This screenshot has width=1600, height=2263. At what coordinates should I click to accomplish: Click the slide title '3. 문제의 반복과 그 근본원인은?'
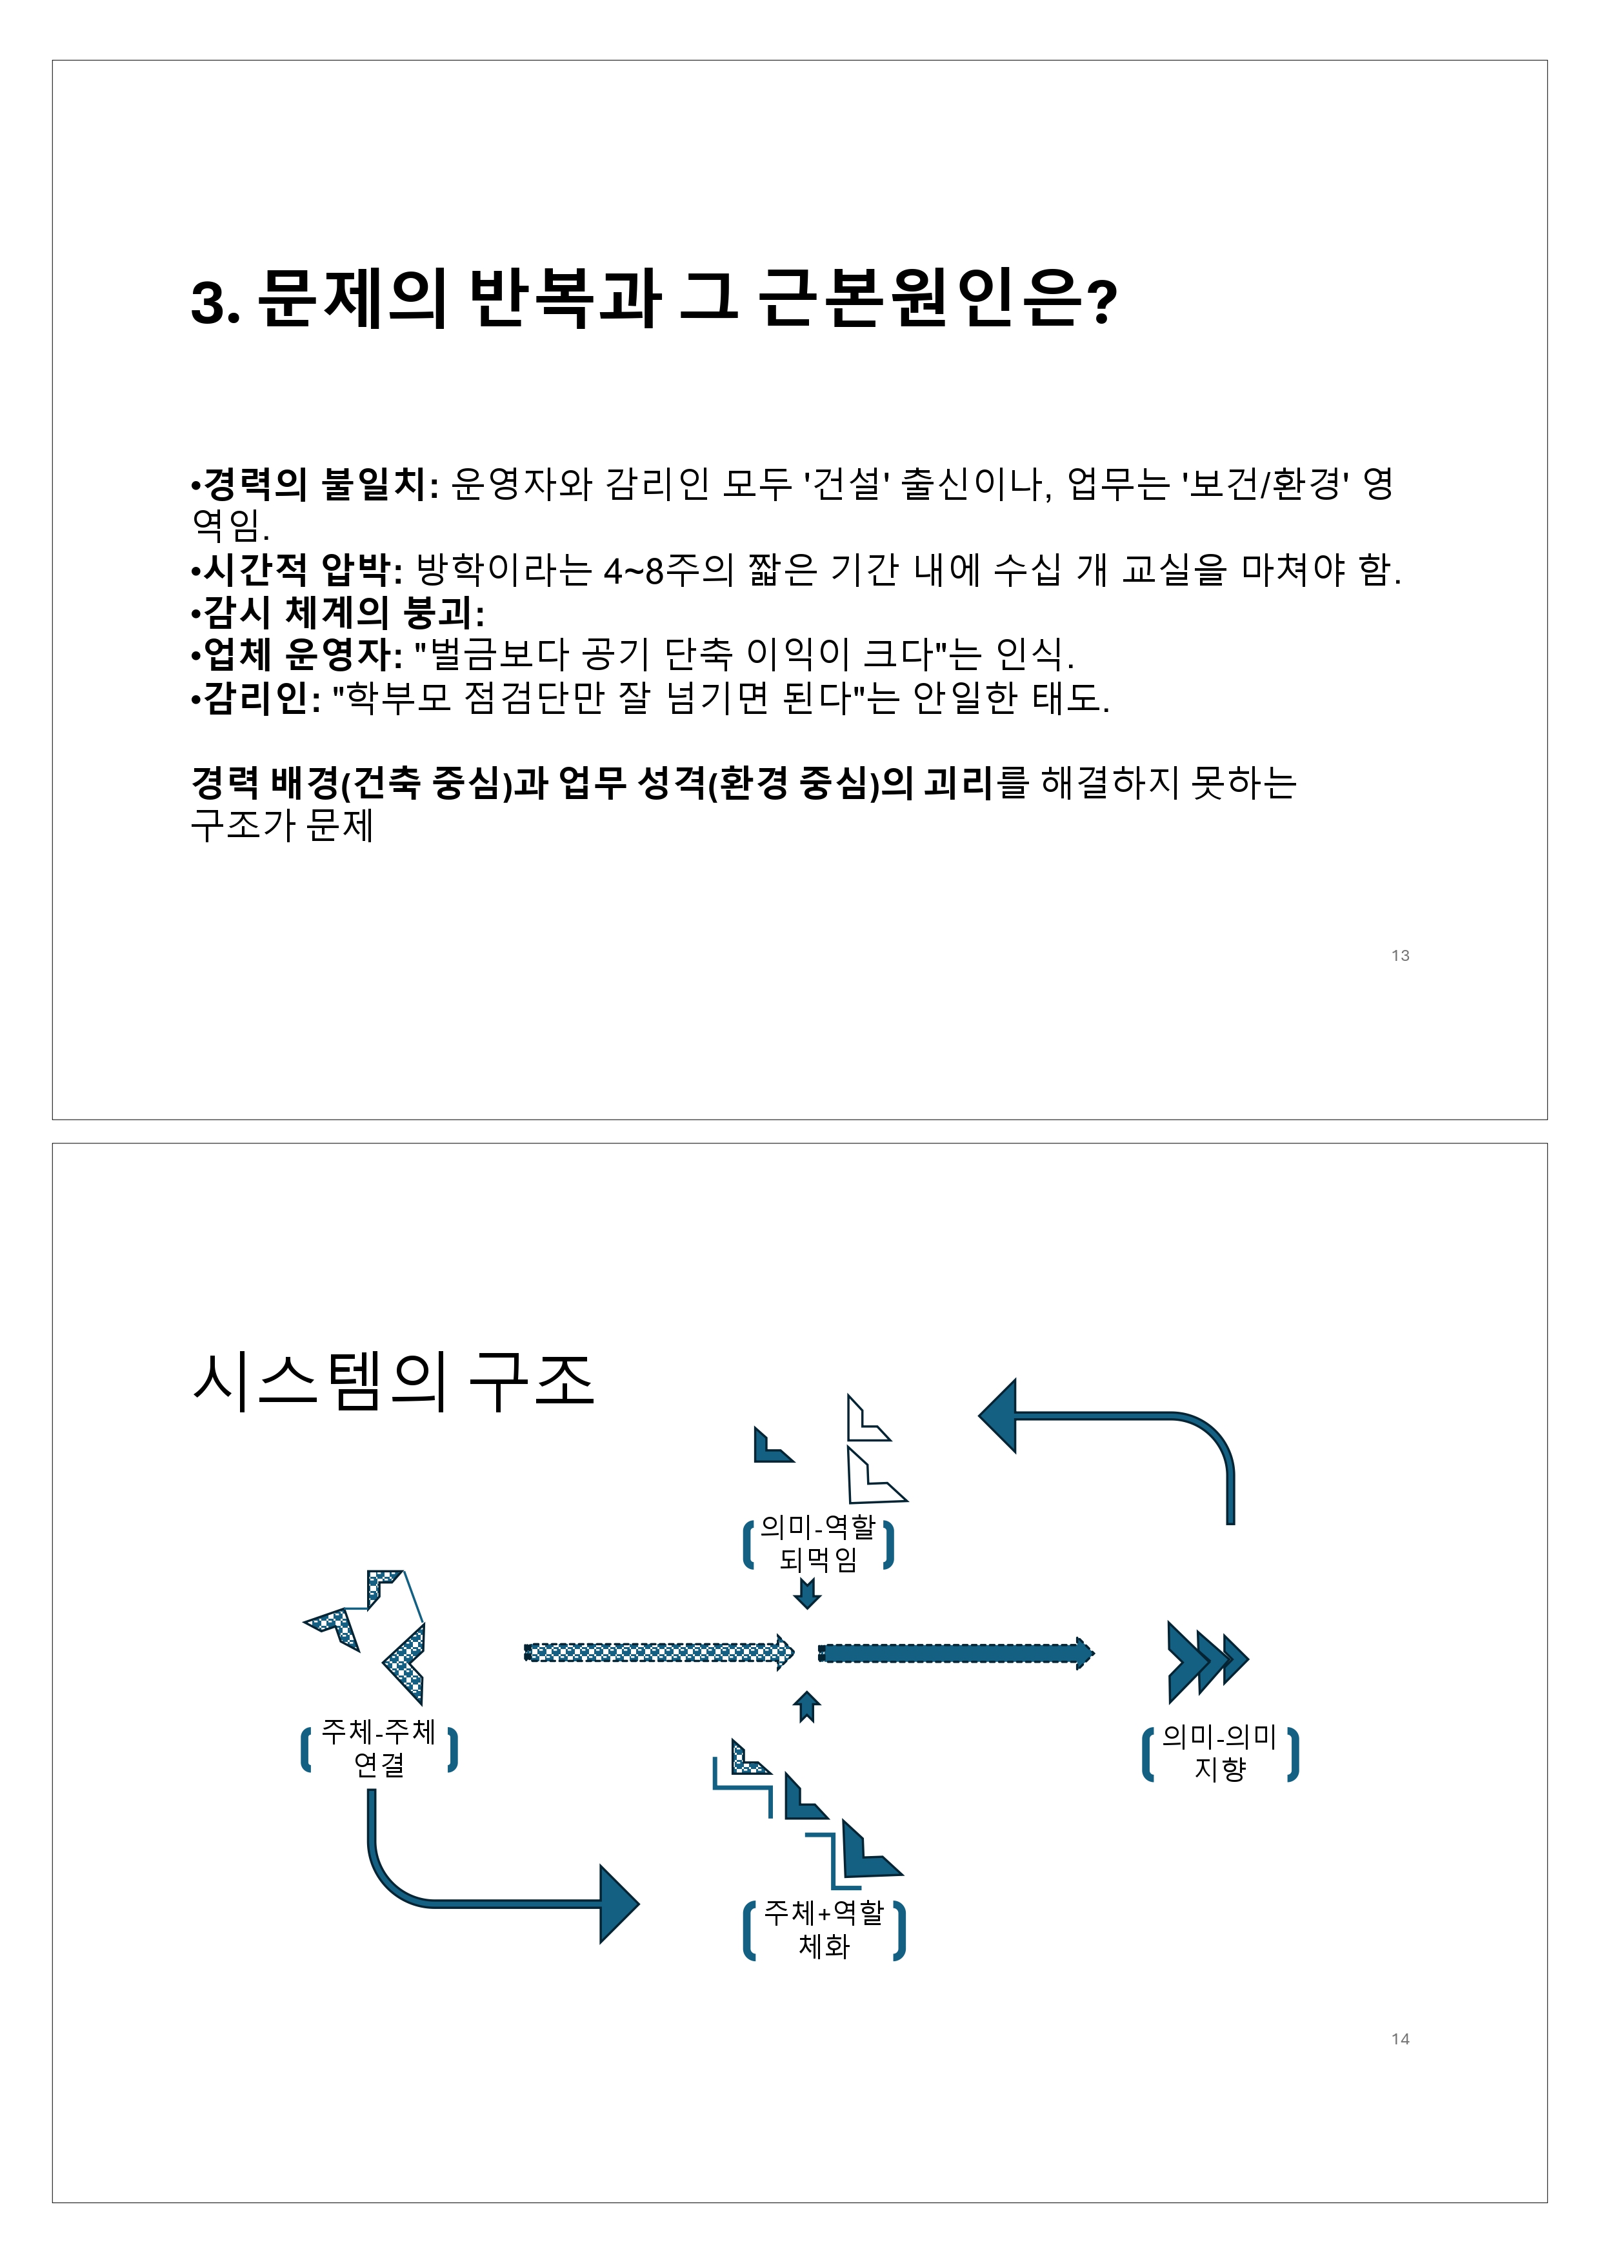[x=654, y=299]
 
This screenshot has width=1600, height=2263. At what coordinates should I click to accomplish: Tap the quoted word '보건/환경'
[x=1266, y=484]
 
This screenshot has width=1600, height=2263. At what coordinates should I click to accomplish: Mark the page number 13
[x=1400, y=955]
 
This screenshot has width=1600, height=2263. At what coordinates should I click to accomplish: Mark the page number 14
[x=1400, y=2039]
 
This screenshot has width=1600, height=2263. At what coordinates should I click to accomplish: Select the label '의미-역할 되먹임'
[x=817, y=1543]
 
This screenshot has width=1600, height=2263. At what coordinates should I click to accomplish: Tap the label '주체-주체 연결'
[x=379, y=1748]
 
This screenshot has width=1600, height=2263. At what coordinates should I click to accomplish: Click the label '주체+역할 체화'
[x=823, y=1929]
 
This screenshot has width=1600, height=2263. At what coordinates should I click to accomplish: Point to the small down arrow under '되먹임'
[x=807, y=1594]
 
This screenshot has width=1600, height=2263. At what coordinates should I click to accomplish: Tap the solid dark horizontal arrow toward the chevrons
[x=954, y=1653]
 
